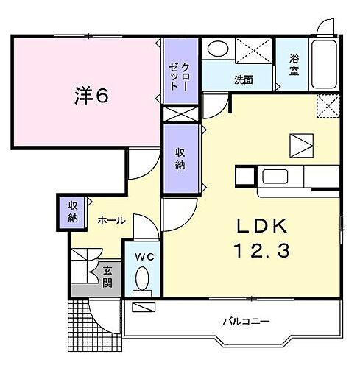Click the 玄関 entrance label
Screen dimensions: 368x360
(107, 276)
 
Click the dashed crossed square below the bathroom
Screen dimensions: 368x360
(327, 107)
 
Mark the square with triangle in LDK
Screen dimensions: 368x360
(300, 145)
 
